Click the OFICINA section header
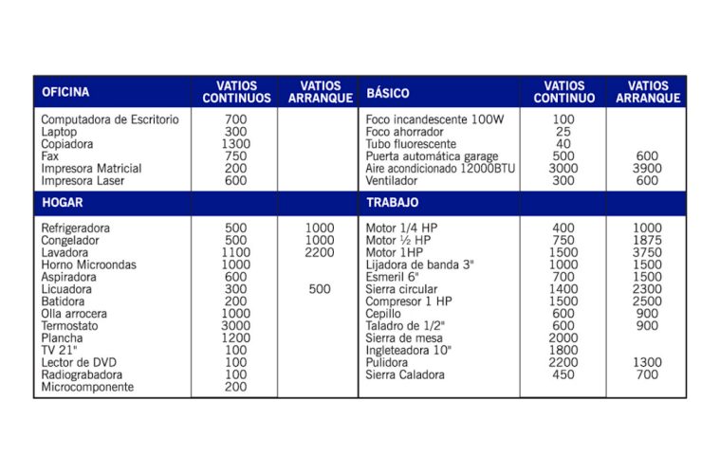click(65, 93)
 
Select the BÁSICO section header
click(388, 93)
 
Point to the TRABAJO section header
click(393, 203)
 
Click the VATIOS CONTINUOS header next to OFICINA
click(236, 92)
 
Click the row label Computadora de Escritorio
click(110, 119)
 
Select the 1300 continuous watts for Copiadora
click(236, 144)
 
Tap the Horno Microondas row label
click(88, 265)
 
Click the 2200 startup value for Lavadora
click(320, 253)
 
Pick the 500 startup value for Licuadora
click(320, 289)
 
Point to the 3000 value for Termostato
click(236, 326)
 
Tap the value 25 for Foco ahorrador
click(563, 132)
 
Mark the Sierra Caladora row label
click(405, 375)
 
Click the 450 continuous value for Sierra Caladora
click(563, 375)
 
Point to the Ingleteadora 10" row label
click(409, 351)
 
